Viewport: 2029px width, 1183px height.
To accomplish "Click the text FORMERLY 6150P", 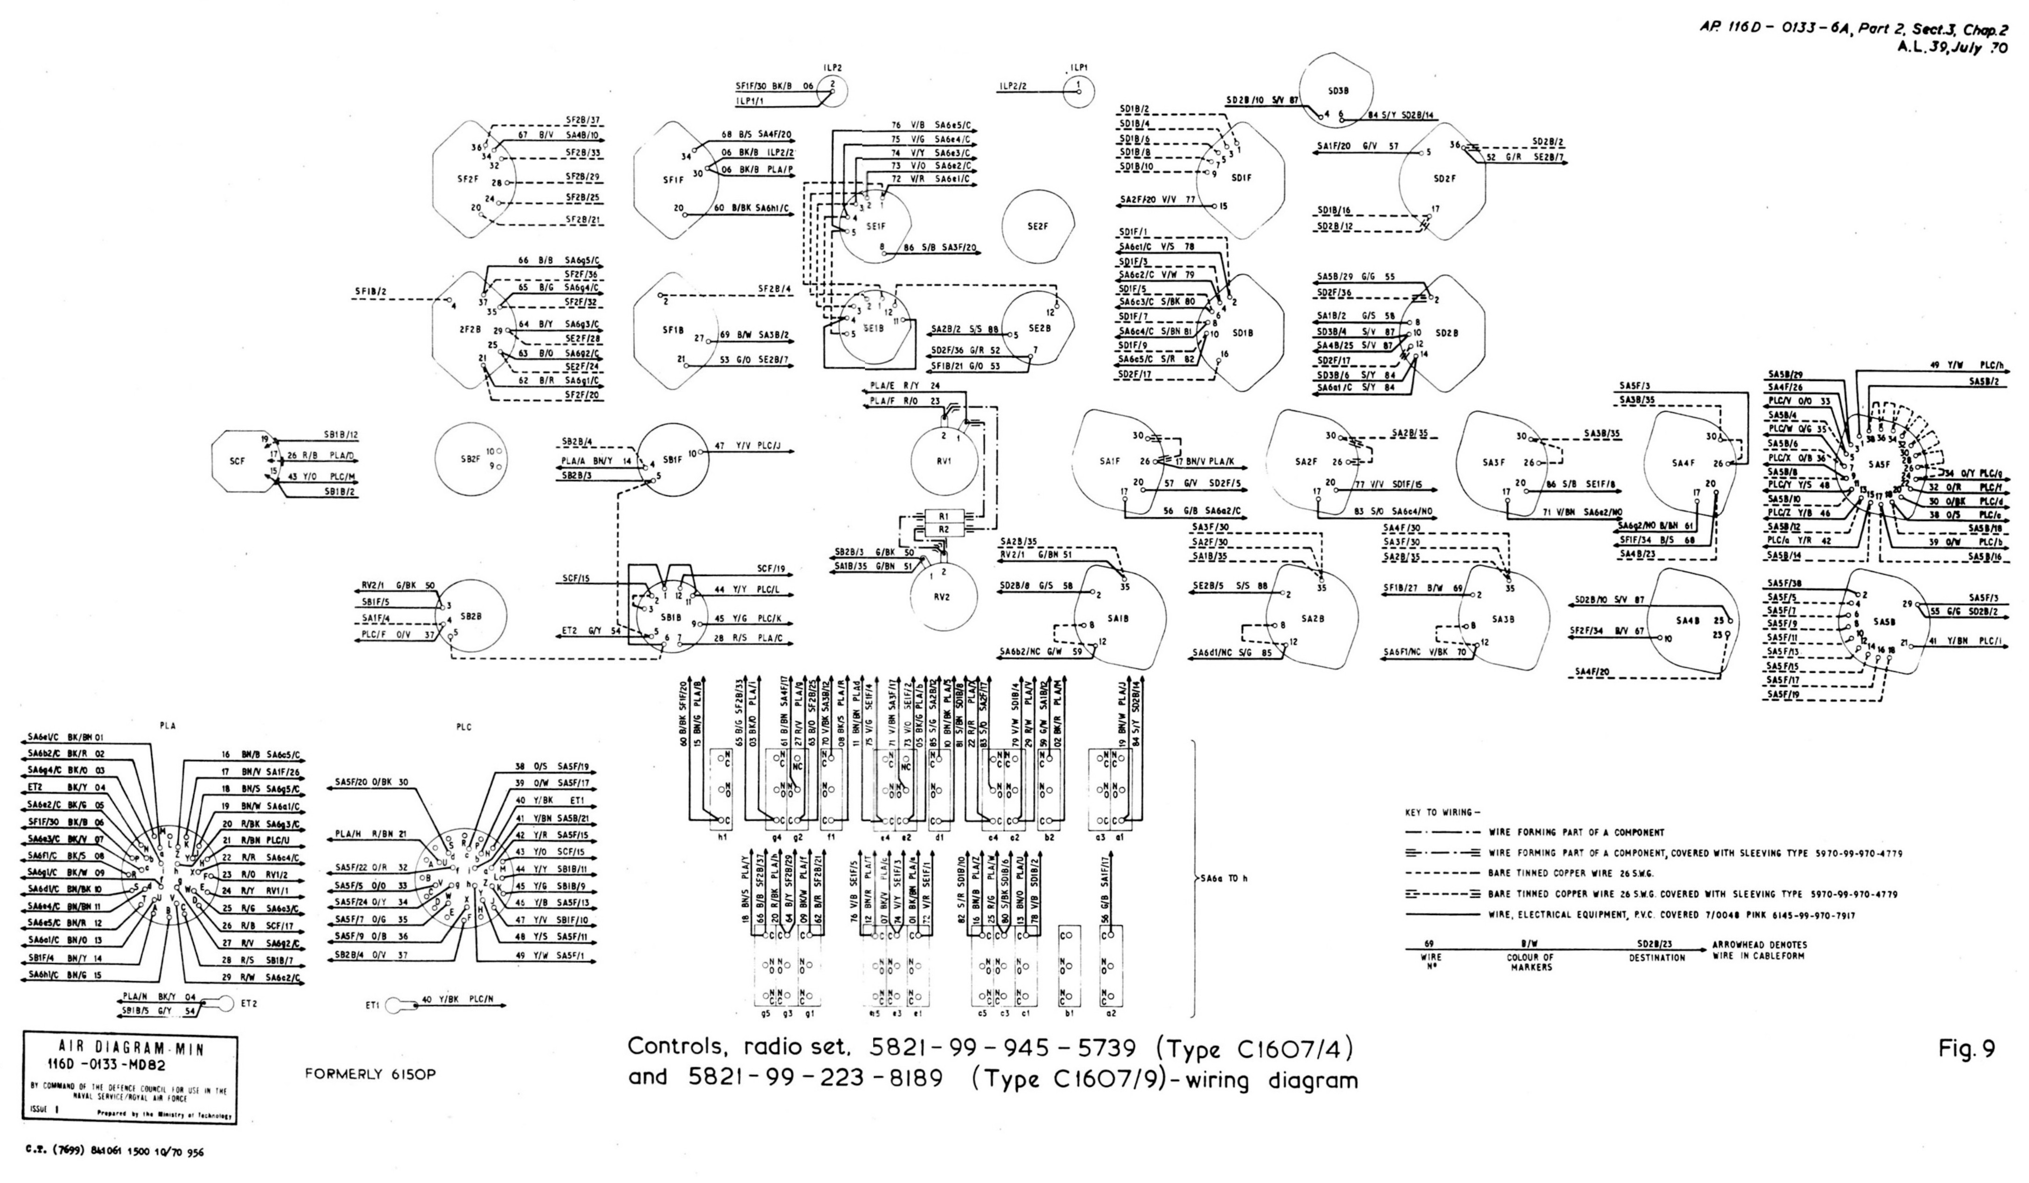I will click(x=371, y=1075).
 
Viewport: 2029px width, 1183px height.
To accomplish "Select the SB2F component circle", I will click(x=471, y=458).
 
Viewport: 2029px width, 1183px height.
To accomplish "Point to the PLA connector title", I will click(x=167, y=725).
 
